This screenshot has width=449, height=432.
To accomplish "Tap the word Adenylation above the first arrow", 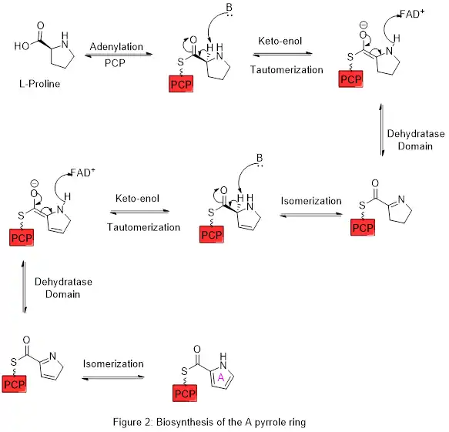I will [x=116, y=47].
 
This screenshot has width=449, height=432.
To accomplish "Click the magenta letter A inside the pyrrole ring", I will [x=220, y=377].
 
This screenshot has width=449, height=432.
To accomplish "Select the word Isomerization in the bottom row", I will [x=113, y=363].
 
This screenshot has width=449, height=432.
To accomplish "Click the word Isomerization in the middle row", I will [x=311, y=202].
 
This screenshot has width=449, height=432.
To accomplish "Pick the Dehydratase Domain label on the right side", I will [x=416, y=140].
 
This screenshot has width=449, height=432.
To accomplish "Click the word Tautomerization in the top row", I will [x=287, y=70].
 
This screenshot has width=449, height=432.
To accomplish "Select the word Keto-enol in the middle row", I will [x=137, y=199].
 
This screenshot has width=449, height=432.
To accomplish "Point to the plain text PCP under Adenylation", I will [x=116, y=63].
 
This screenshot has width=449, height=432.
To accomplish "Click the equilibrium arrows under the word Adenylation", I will [x=116, y=55].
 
